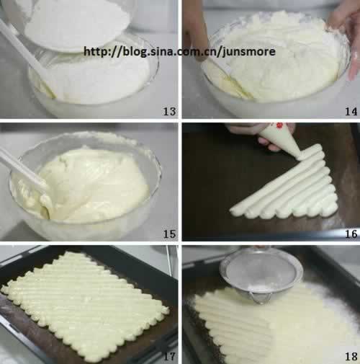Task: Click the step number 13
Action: coord(170,111)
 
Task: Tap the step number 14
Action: coord(351,111)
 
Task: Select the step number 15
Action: coord(170,234)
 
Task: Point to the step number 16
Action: coord(351,234)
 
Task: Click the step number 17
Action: coord(170,356)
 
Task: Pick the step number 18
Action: coord(351,356)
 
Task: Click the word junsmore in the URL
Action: coord(249,52)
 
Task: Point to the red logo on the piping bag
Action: coord(279,125)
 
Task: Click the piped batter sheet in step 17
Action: coord(84,305)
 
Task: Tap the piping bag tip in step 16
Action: coord(300,157)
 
